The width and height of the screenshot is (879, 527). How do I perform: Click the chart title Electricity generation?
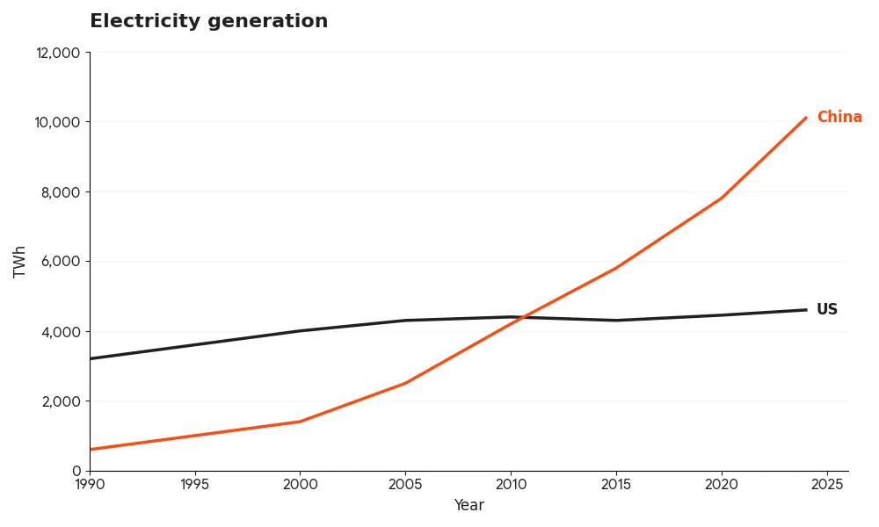(208, 22)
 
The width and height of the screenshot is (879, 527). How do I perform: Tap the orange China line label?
(839, 117)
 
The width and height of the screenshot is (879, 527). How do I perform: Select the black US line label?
(826, 309)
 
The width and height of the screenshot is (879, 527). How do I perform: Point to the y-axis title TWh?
(20, 262)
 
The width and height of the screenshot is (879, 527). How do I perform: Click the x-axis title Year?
(469, 506)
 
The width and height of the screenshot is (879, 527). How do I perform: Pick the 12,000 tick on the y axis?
(58, 53)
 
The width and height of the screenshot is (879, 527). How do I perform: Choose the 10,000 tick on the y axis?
(58, 122)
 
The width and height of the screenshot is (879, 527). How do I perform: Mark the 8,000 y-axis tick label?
(62, 192)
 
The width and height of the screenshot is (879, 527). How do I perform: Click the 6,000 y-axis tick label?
(62, 262)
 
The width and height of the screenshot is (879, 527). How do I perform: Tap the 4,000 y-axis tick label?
(62, 332)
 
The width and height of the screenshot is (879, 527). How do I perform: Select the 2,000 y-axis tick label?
(62, 401)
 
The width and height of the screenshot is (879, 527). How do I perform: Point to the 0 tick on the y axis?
(76, 471)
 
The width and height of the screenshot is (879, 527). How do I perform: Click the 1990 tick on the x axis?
(90, 484)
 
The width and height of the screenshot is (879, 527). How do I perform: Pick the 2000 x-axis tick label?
(300, 484)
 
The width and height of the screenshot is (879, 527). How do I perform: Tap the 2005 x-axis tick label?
(405, 484)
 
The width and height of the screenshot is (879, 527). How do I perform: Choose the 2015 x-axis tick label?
(615, 484)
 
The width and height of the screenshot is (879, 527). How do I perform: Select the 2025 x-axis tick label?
(826, 484)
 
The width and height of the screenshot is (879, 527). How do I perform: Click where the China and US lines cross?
(519, 318)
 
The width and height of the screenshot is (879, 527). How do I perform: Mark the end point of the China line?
(805, 119)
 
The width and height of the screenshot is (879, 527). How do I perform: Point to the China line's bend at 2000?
(300, 422)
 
